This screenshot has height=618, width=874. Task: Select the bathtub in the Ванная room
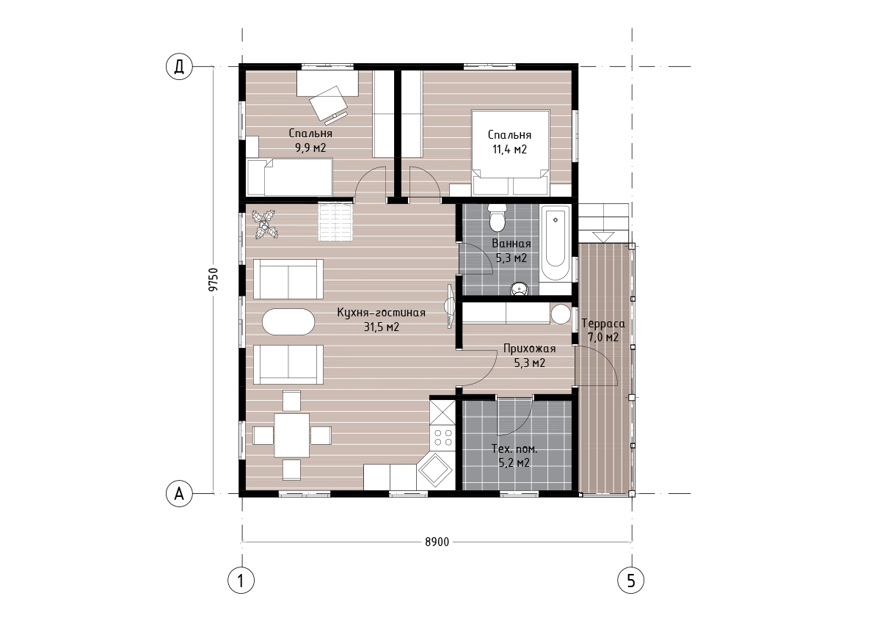click(556, 244)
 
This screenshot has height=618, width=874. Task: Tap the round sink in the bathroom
click(520, 288)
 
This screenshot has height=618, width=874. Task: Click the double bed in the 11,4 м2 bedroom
click(511, 153)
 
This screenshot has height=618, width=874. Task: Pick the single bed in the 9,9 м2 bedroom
click(290, 177)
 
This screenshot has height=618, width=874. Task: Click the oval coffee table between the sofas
click(288, 321)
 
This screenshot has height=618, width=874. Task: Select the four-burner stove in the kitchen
click(443, 437)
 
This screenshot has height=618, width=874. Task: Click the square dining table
click(291, 435)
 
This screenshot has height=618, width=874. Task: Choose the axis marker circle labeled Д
click(179, 67)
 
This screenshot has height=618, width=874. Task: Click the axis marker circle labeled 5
click(631, 581)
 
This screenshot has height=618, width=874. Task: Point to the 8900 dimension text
click(437, 542)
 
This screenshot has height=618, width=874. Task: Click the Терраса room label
click(603, 324)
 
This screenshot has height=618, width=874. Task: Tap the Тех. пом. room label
click(514, 448)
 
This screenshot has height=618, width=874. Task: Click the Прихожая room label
click(530, 349)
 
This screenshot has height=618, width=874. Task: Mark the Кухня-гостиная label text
click(382, 313)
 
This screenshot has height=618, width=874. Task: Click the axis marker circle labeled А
click(179, 494)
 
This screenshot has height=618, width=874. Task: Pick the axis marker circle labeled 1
click(241, 581)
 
